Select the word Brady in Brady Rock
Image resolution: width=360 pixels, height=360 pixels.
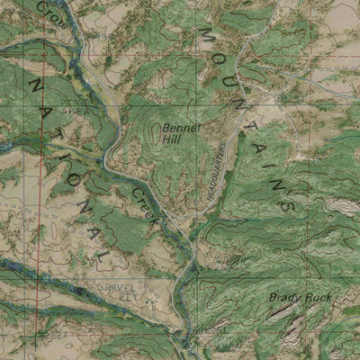click(x=283, y=297)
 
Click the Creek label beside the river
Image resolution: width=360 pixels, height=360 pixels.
click(x=145, y=204)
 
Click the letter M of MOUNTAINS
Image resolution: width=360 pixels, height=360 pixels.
click(x=205, y=33)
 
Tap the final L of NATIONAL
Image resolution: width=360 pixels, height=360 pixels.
click(x=105, y=256)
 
